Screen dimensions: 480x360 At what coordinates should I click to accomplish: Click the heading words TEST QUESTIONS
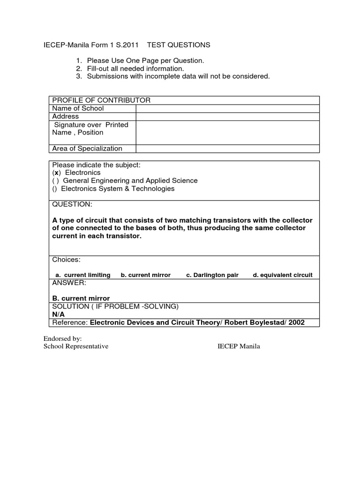click(179, 45)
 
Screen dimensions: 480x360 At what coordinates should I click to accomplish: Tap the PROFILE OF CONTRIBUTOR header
click(101, 100)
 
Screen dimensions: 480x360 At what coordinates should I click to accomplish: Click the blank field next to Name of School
click(227, 108)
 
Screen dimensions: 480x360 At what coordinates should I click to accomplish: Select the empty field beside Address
click(227, 116)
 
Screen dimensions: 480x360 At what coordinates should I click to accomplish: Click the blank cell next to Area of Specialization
click(227, 149)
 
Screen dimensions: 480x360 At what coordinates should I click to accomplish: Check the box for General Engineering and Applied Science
click(55, 180)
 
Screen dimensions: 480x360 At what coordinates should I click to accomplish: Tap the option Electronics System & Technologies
click(117, 188)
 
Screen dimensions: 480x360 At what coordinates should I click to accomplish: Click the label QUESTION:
click(72, 204)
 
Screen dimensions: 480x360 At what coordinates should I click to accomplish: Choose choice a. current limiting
click(83, 275)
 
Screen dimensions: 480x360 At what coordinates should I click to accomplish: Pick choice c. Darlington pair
click(212, 275)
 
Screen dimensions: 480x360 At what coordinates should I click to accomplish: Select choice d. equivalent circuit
click(283, 275)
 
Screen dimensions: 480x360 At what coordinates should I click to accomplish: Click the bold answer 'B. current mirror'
click(81, 299)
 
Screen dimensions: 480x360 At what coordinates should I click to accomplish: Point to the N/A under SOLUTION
click(59, 315)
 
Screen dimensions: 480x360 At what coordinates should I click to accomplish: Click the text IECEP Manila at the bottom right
click(239, 346)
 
